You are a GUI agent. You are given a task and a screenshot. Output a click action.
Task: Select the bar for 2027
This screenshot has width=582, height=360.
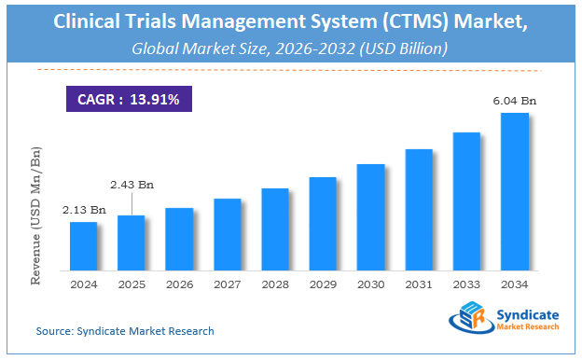click(227, 234)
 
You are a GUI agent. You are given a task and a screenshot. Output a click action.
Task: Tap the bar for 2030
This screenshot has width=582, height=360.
click(371, 216)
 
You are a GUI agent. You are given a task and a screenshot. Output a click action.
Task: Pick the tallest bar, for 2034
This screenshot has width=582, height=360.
click(515, 191)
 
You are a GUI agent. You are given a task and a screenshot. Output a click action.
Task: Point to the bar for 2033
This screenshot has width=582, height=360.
click(466, 201)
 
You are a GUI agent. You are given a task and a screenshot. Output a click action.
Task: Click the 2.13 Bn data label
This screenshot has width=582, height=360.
click(83, 211)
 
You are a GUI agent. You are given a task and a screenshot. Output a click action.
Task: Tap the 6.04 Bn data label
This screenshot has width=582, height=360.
click(516, 101)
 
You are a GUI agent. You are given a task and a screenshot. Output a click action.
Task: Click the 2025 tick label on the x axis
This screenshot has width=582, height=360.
click(132, 284)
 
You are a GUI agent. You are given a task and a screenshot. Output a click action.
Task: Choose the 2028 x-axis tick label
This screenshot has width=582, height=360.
click(275, 284)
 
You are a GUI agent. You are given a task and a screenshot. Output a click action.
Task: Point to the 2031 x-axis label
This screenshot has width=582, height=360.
click(419, 284)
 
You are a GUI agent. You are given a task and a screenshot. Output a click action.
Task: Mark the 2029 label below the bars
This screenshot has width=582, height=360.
click(323, 284)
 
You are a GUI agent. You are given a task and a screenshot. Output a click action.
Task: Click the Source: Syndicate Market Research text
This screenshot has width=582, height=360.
click(125, 331)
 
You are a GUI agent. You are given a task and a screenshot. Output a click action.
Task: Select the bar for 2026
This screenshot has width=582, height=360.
click(179, 239)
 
